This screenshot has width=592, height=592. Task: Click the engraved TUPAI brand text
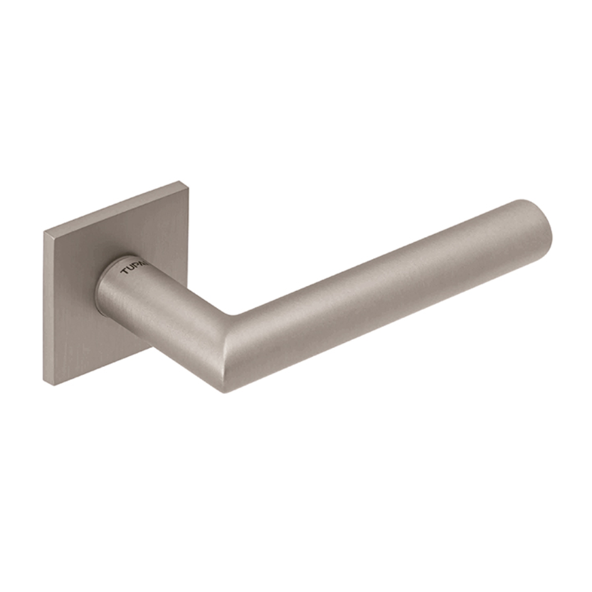[133, 268]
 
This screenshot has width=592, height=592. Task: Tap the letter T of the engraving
[124, 272]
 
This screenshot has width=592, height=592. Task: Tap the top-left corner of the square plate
[45, 233]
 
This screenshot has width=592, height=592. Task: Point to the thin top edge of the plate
[116, 207]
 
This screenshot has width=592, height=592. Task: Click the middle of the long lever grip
[389, 288]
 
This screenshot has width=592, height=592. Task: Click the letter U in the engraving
[130, 269]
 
